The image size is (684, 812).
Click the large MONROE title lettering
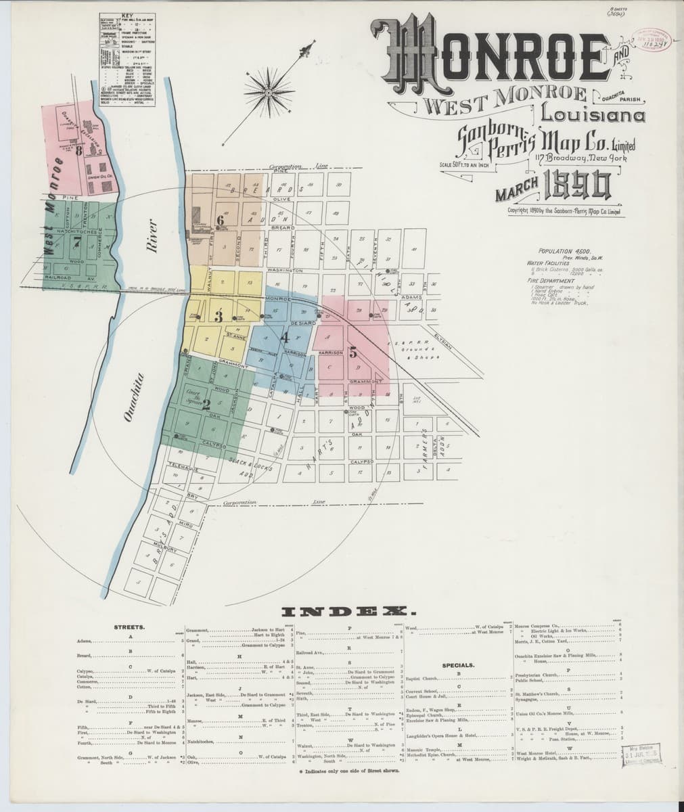(497, 56)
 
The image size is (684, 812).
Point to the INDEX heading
(342, 611)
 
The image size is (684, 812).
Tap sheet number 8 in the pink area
(79, 152)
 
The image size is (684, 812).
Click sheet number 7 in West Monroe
(77, 241)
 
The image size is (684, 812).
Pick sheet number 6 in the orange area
(219, 219)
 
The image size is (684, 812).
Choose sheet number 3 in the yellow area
(219, 316)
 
